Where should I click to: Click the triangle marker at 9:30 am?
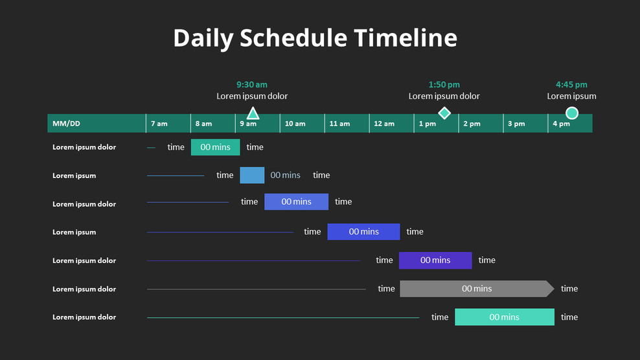[253, 114]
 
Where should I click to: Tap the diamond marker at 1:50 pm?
[444, 113]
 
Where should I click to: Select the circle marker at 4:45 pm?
[572, 113]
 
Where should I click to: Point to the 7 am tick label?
[159, 124]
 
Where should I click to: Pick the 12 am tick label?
[384, 124]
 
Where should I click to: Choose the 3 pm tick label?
[516, 124]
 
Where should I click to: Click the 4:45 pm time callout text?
[571, 85]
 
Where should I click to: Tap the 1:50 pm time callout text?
[444, 85]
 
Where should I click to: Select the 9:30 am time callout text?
[252, 85]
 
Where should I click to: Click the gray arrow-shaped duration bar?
[476, 289]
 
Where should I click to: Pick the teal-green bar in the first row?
[215, 147]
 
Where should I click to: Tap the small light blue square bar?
[252, 175]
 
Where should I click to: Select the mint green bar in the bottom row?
[504, 317]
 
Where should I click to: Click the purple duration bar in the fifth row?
[435, 260]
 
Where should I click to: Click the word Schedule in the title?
[293, 38]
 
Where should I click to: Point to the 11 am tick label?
[339, 124]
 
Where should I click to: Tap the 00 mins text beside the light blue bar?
[286, 175]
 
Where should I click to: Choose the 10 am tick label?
[295, 124]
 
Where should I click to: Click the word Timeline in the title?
[406, 38]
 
